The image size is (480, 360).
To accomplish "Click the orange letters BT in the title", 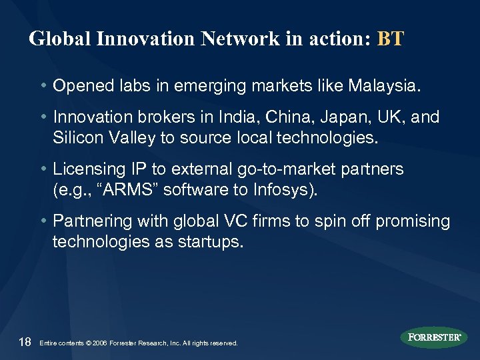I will [390, 39].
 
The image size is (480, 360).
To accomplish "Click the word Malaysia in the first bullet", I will [387, 86].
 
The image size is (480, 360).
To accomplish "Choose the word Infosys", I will [284, 191].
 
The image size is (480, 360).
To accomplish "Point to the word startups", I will [209, 243].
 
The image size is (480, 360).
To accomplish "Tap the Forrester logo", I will [433, 337].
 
